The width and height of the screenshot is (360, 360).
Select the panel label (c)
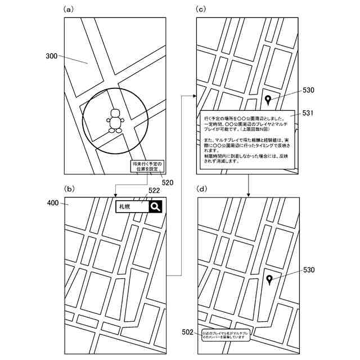[x=201, y=9]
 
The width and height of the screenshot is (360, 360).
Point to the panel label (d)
[x=201, y=189]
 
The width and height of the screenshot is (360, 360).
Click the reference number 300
[x=52, y=56]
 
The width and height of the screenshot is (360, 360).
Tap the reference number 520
[x=167, y=182]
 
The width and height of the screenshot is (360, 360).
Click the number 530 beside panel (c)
[x=309, y=90]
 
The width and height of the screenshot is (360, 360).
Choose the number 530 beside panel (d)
[x=309, y=270]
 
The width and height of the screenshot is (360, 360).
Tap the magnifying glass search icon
[x=156, y=207]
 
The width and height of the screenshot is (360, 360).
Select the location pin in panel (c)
[x=268, y=101]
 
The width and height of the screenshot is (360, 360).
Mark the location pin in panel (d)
[x=270, y=280]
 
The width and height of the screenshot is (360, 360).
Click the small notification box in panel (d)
[x=225, y=335]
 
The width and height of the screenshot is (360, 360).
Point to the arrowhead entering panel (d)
[x=248, y=195]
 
